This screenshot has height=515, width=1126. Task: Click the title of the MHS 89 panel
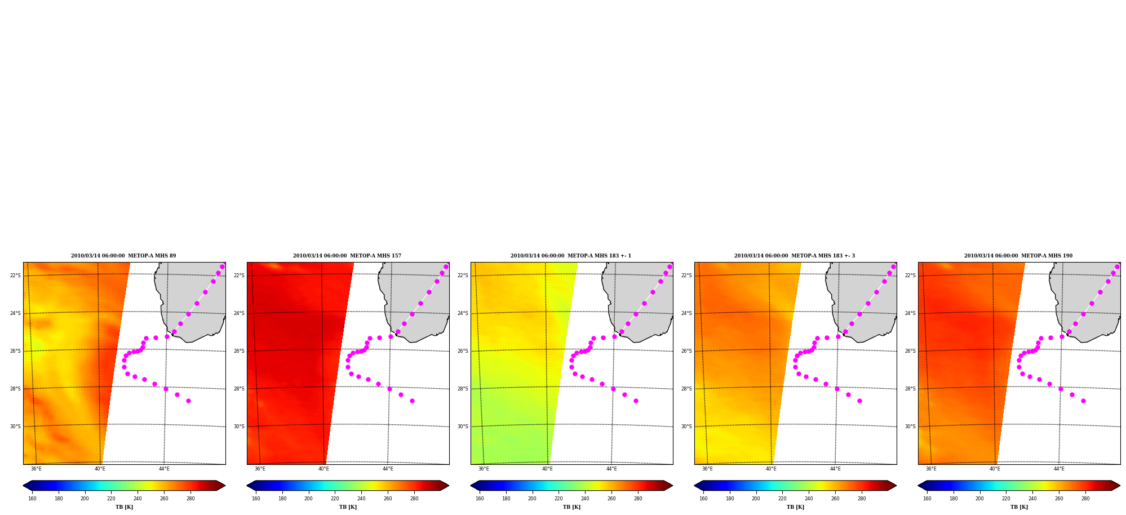(123, 256)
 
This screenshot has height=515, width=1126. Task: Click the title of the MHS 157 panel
(347, 256)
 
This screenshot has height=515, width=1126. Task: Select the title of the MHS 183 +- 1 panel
(571, 256)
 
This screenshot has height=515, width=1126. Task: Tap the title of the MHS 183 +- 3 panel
(795, 256)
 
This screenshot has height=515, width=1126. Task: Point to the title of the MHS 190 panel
(1018, 256)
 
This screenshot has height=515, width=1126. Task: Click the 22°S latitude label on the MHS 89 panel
(15, 276)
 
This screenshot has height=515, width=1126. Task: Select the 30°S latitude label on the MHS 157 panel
(239, 427)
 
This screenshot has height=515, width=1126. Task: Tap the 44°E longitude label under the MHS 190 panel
(1059, 469)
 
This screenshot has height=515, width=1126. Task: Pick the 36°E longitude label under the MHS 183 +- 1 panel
(484, 469)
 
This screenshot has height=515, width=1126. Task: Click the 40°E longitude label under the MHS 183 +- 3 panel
(771, 469)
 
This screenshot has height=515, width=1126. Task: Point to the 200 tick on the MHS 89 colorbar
(85, 499)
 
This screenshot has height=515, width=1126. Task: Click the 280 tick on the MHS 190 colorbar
(1085, 499)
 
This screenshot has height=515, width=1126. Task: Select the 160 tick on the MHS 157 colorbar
(256, 499)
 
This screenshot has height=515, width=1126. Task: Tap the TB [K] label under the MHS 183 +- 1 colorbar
(571, 507)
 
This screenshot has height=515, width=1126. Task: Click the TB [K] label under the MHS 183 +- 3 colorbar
(795, 507)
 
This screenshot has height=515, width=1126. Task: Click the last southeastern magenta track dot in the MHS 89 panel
(188, 401)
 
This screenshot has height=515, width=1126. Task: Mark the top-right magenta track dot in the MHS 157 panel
(446, 267)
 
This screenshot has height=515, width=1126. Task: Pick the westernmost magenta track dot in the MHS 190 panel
(1019, 361)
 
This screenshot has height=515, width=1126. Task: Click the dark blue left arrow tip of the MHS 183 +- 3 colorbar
(695, 486)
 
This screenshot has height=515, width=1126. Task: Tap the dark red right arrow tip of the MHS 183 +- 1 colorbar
(672, 486)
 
